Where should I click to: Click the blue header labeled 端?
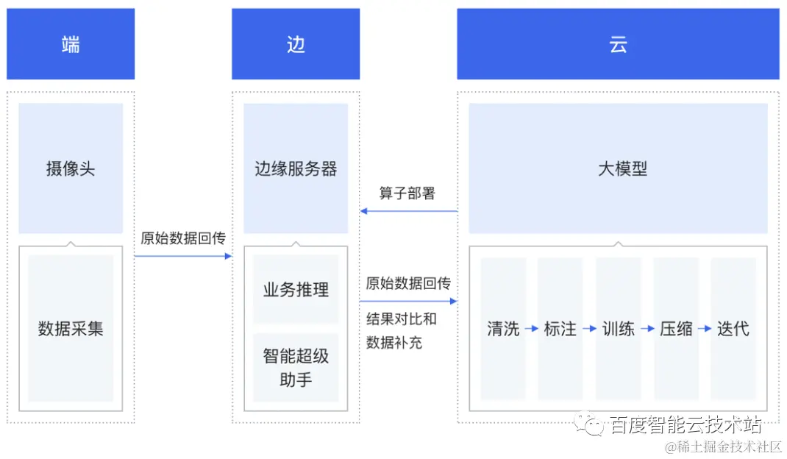point(71,44)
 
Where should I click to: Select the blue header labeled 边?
point(296,44)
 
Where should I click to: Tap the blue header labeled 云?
point(618,44)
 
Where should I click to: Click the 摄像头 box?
point(71,168)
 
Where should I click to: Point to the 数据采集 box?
point(71,328)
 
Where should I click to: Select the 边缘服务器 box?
point(296,168)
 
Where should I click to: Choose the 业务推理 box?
point(296,289)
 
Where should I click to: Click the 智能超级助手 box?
point(296,368)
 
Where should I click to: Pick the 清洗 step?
point(503,329)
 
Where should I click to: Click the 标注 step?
point(560,329)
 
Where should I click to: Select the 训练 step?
point(619,329)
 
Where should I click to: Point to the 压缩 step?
point(676,329)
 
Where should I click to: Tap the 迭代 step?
point(733,329)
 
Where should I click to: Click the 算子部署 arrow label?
point(407,193)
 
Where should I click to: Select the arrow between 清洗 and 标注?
point(532,329)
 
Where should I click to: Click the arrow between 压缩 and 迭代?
point(705,329)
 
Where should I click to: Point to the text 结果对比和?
point(402,319)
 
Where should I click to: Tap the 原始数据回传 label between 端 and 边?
point(183,238)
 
